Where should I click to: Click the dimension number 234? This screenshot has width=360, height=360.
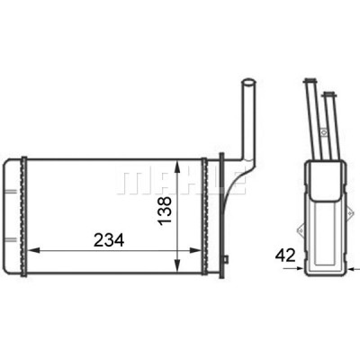109,240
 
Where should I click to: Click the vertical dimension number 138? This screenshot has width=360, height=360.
165,211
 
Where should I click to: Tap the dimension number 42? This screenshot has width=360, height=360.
285,256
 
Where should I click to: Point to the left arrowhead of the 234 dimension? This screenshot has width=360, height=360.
33,250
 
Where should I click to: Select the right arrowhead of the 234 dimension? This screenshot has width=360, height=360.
195,250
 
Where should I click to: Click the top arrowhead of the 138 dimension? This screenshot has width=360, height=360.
177,166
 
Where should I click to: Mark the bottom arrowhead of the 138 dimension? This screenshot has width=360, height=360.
177,266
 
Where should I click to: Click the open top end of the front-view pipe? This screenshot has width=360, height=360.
248,82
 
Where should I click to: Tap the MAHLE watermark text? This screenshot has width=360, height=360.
182,183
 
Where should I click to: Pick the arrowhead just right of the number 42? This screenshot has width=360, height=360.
300,268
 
